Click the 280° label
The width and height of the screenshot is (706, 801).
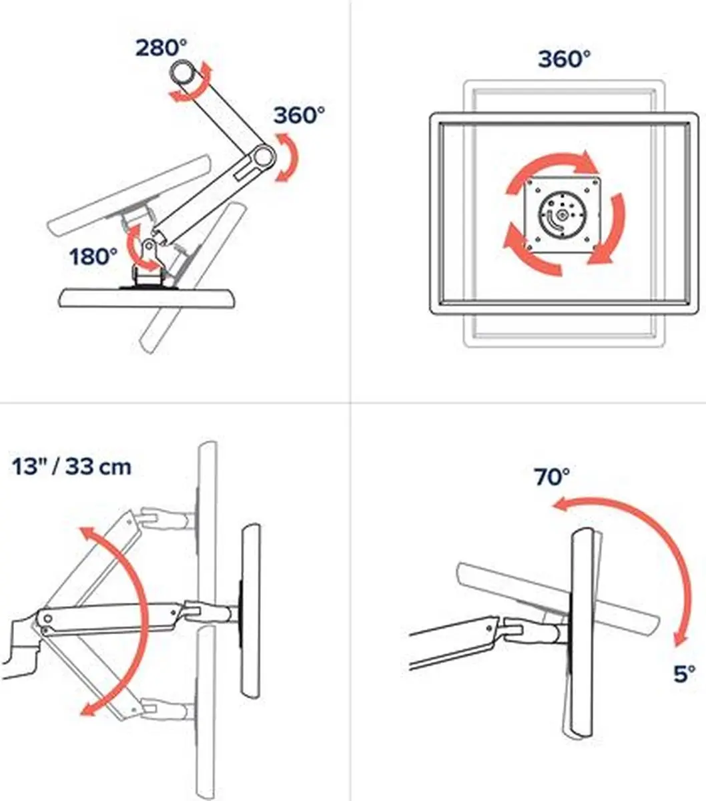(x=161, y=48)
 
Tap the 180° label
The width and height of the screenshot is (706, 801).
(x=93, y=256)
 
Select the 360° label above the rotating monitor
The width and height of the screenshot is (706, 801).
(x=564, y=59)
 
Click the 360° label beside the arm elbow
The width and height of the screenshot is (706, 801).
(x=299, y=115)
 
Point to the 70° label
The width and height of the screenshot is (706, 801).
(x=552, y=477)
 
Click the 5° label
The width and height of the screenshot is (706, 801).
(x=684, y=674)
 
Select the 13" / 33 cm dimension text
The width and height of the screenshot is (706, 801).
(x=71, y=467)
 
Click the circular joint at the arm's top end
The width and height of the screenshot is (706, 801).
(x=183, y=73)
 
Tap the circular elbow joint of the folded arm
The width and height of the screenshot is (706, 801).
(x=262, y=157)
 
